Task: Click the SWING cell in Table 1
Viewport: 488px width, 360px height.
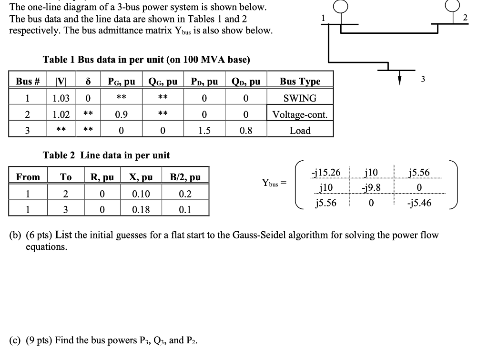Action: (x=300, y=99)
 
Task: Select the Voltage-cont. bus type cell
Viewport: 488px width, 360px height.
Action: (x=300, y=115)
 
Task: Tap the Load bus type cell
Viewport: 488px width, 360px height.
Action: (x=300, y=131)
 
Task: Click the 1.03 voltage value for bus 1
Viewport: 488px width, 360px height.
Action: (x=61, y=99)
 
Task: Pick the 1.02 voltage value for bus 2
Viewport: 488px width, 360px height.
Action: (x=61, y=115)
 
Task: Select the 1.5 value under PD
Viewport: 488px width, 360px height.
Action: (x=204, y=131)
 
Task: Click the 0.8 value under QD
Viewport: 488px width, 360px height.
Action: (x=245, y=131)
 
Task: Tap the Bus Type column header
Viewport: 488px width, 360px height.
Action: (x=300, y=82)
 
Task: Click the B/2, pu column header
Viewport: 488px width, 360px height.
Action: (x=185, y=177)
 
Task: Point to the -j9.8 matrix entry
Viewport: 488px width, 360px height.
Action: (x=371, y=187)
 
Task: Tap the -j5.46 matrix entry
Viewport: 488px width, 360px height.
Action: (x=419, y=203)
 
